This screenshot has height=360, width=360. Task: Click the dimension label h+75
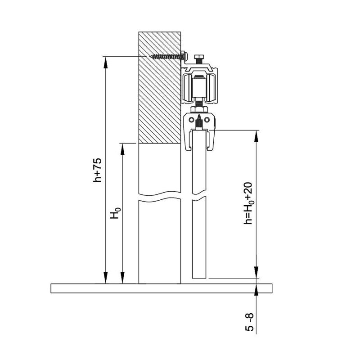point(97,170)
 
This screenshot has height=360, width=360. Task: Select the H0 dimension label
point(115,213)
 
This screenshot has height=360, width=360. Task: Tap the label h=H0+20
point(248,204)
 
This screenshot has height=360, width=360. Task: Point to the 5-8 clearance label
point(250,322)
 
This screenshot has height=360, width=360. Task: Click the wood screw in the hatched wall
point(168,56)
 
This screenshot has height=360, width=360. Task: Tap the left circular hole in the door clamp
point(191,120)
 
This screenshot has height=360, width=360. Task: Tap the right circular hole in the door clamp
point(207,120)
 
